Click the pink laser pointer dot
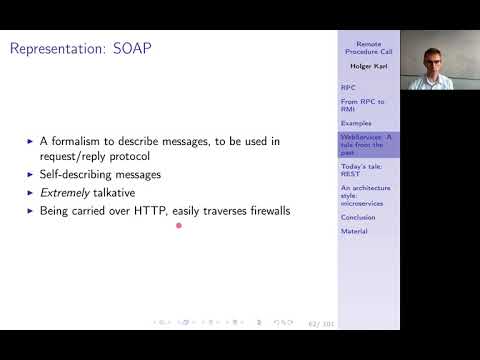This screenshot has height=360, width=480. coord(178,225)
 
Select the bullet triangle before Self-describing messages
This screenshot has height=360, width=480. coord(30,175)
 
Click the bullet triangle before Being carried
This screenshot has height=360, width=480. coord(30,212)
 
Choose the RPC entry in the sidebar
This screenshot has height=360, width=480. coord(347,87)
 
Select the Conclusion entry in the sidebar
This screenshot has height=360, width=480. coord(358,217)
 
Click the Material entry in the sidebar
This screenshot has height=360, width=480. coord(354,231)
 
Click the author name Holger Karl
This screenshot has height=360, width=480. coord(369,66)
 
